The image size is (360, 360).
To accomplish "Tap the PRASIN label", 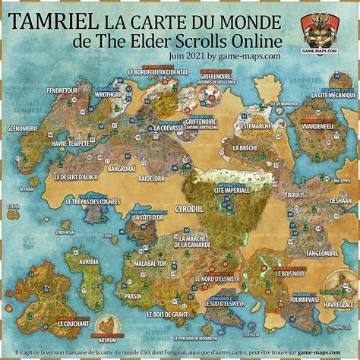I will click(x=133, y=295).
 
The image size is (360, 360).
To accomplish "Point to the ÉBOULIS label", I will click(x=294, y=194).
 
